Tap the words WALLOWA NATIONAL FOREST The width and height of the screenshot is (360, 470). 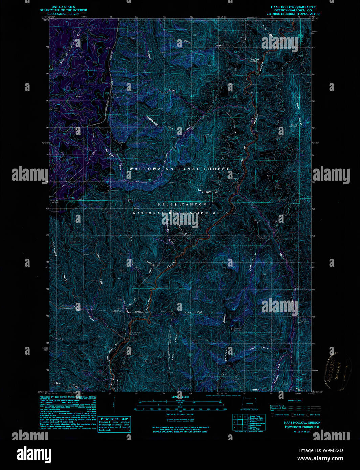point(179,169)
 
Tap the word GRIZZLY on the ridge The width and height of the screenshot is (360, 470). point(227,355)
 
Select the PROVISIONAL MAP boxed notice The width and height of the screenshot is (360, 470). point(114,424)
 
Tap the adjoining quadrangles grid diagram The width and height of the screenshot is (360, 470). point(240,422)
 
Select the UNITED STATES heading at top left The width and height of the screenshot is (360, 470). point(63,7)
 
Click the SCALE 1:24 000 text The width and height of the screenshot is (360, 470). point(180,397)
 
